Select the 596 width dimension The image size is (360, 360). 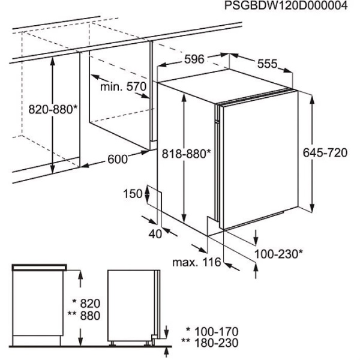(194, 59)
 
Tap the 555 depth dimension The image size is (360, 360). (267, 64)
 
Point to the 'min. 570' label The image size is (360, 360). (123, 86)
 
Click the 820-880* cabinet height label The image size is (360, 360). (53, 109)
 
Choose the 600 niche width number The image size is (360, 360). (118, 159)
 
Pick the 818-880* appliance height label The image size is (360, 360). (186, 154)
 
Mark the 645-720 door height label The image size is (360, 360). (325, 152)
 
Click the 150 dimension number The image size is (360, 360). (133, 194)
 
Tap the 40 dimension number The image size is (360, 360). (155, 234)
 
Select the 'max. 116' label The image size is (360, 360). (197, 262)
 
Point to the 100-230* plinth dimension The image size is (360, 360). (278, 254)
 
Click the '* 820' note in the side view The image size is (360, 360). (86, 304)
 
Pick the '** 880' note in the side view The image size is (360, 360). (84, 316)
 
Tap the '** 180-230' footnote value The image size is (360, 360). (210, 343)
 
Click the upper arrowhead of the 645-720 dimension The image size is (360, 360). (312, 101)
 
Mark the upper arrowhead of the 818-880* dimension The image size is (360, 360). (184, 98)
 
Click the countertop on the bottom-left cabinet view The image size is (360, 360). (39, 268)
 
